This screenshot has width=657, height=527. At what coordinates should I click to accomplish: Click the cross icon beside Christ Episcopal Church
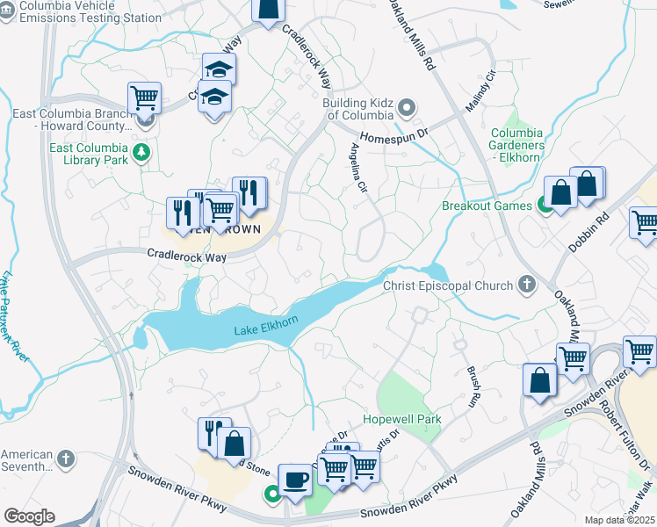tap(526, 285)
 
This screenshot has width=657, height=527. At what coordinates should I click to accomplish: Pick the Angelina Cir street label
tap(358, 167)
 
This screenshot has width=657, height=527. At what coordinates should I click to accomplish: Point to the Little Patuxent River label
tap(14, 316)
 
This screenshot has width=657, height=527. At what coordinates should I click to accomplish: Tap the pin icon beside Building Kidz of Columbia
tap(407, 109)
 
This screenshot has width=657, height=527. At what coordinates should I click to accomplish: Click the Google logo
tap(29, 516)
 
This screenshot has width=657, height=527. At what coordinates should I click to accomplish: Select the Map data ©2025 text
tap(618, 520)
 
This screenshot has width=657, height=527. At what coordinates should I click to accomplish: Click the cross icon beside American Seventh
tap(66, 458)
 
